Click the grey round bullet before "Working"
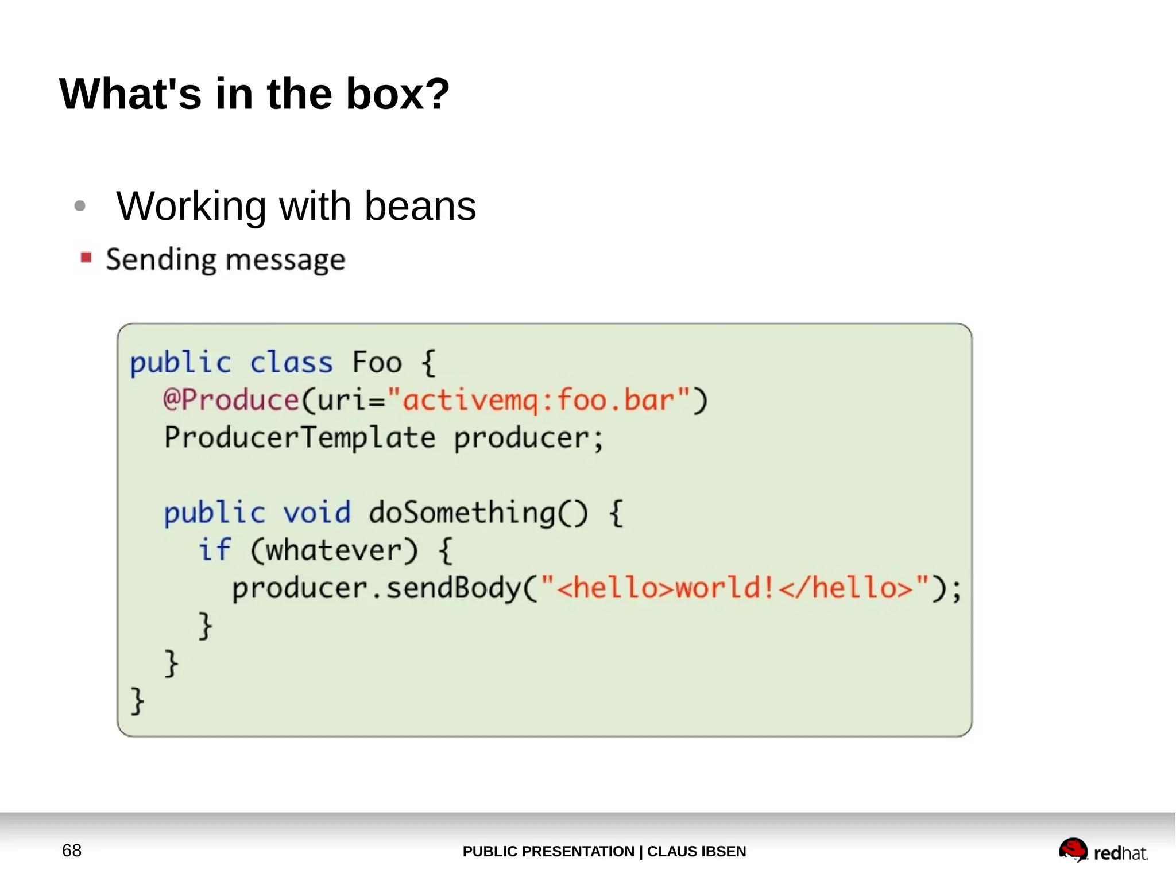point(80,205)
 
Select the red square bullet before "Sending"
point(86,257)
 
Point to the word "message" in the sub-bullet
point(285,261)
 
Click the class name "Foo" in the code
point(377,363)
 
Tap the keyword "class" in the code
point(291,363)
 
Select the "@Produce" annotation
point(231,399)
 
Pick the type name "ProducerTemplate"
point(300,437)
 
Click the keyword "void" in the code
point(316,512)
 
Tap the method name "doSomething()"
point(478,512)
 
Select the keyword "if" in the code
point(214,549)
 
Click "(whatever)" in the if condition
point(334,550)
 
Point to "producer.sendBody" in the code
point(376,588)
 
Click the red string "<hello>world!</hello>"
point(734,588)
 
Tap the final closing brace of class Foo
point(137,701)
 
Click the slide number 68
point(72,851)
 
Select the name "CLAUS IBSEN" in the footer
point(697,851)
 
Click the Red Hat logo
point(1103,850)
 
